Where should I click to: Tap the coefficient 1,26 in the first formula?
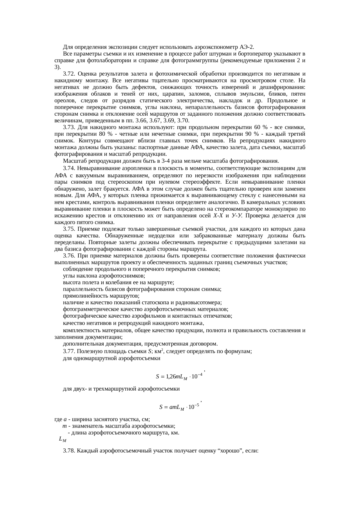click(x=170, y=377)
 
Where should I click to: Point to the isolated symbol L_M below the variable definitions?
click(x=62, y=439)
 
